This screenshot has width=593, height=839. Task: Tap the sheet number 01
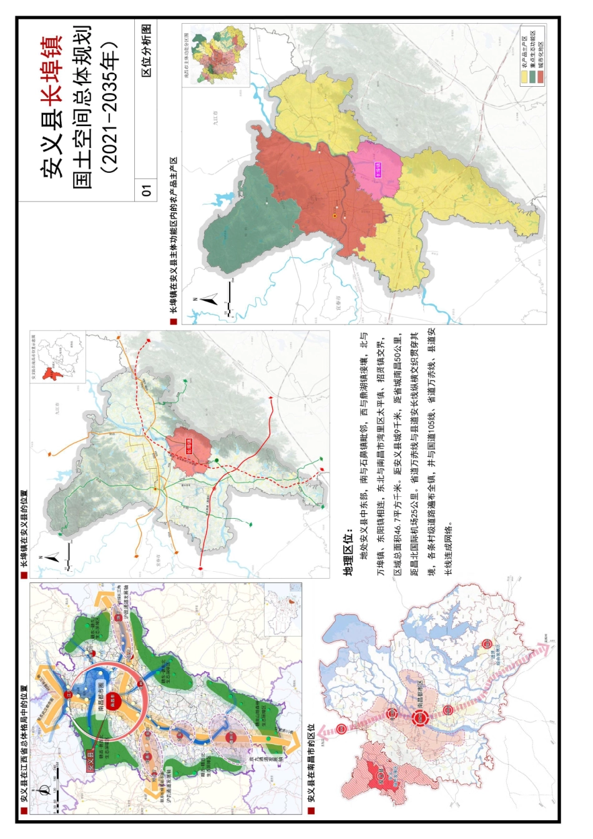coord(147,190)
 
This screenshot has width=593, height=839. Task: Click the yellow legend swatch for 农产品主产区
coord(525,76)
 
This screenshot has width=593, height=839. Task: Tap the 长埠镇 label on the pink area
coord(378,169)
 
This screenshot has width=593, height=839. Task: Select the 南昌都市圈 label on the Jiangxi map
coord(100,702)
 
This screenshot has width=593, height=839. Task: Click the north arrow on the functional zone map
coord(209,299)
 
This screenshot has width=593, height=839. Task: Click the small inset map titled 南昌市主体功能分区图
coord(215,56)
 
